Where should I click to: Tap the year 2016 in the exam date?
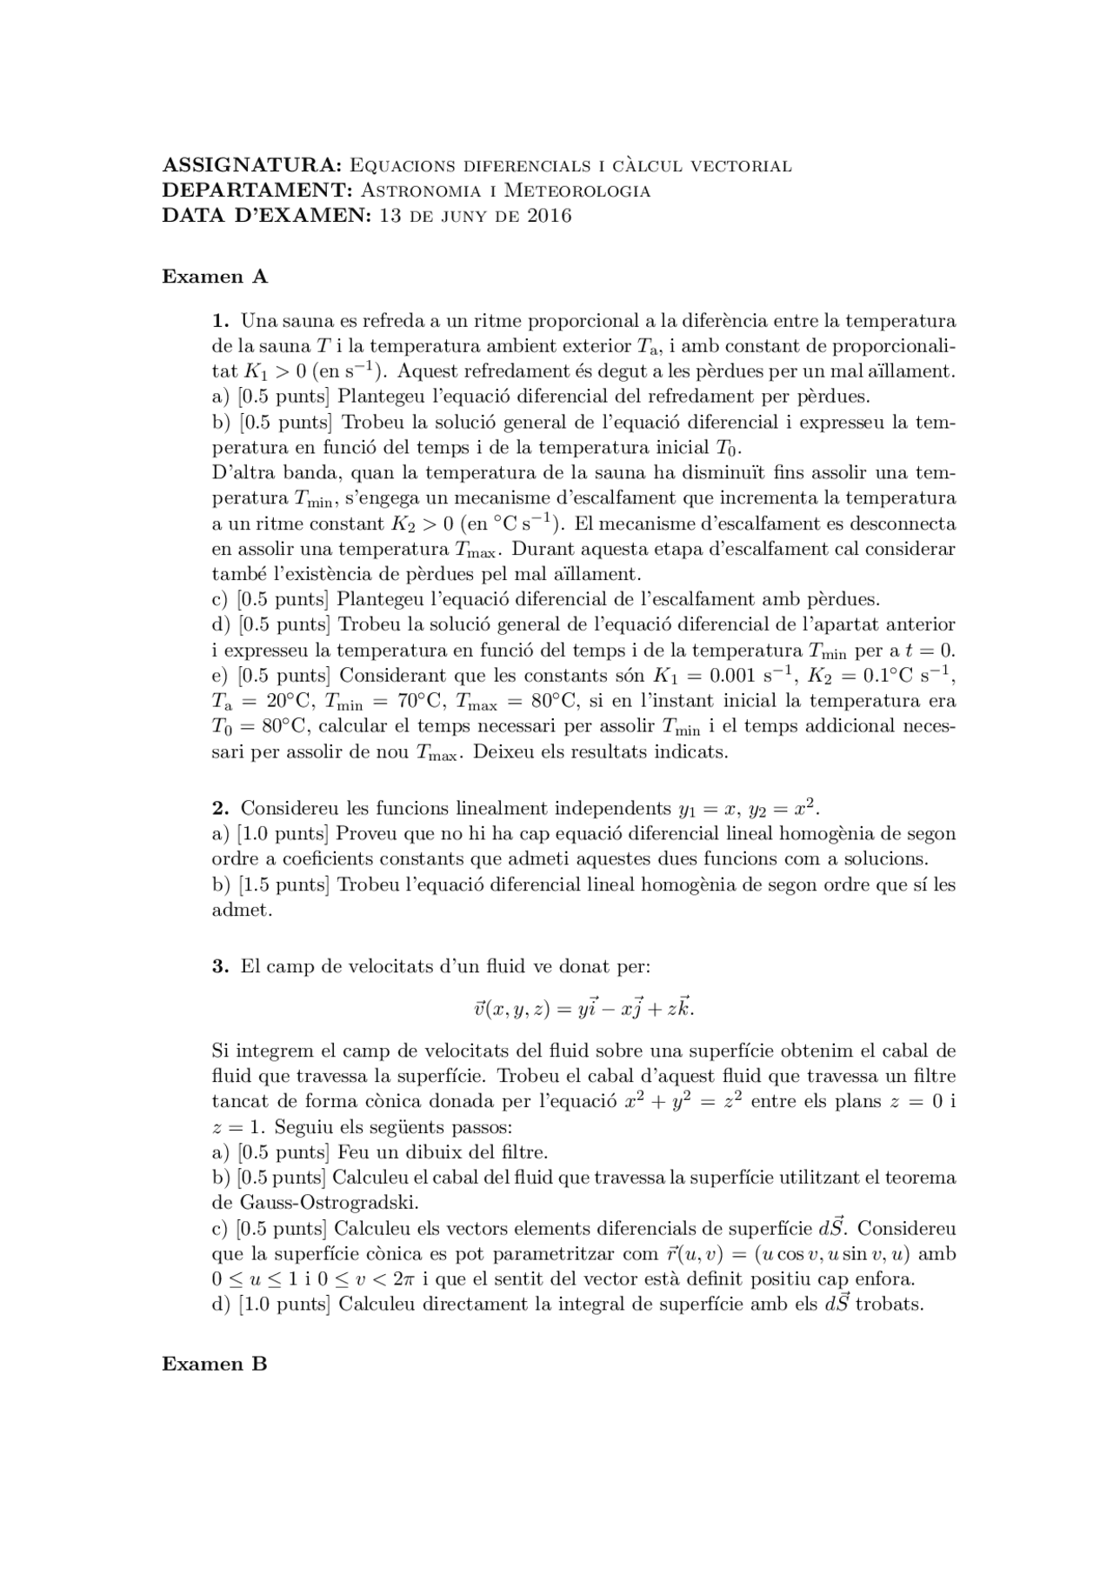click(549, 216)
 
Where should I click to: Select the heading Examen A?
click(215, 277)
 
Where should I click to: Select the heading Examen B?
click(215, 1364)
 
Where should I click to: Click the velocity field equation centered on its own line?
click(583, 1008)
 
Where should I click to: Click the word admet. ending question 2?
click(242, 911)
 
